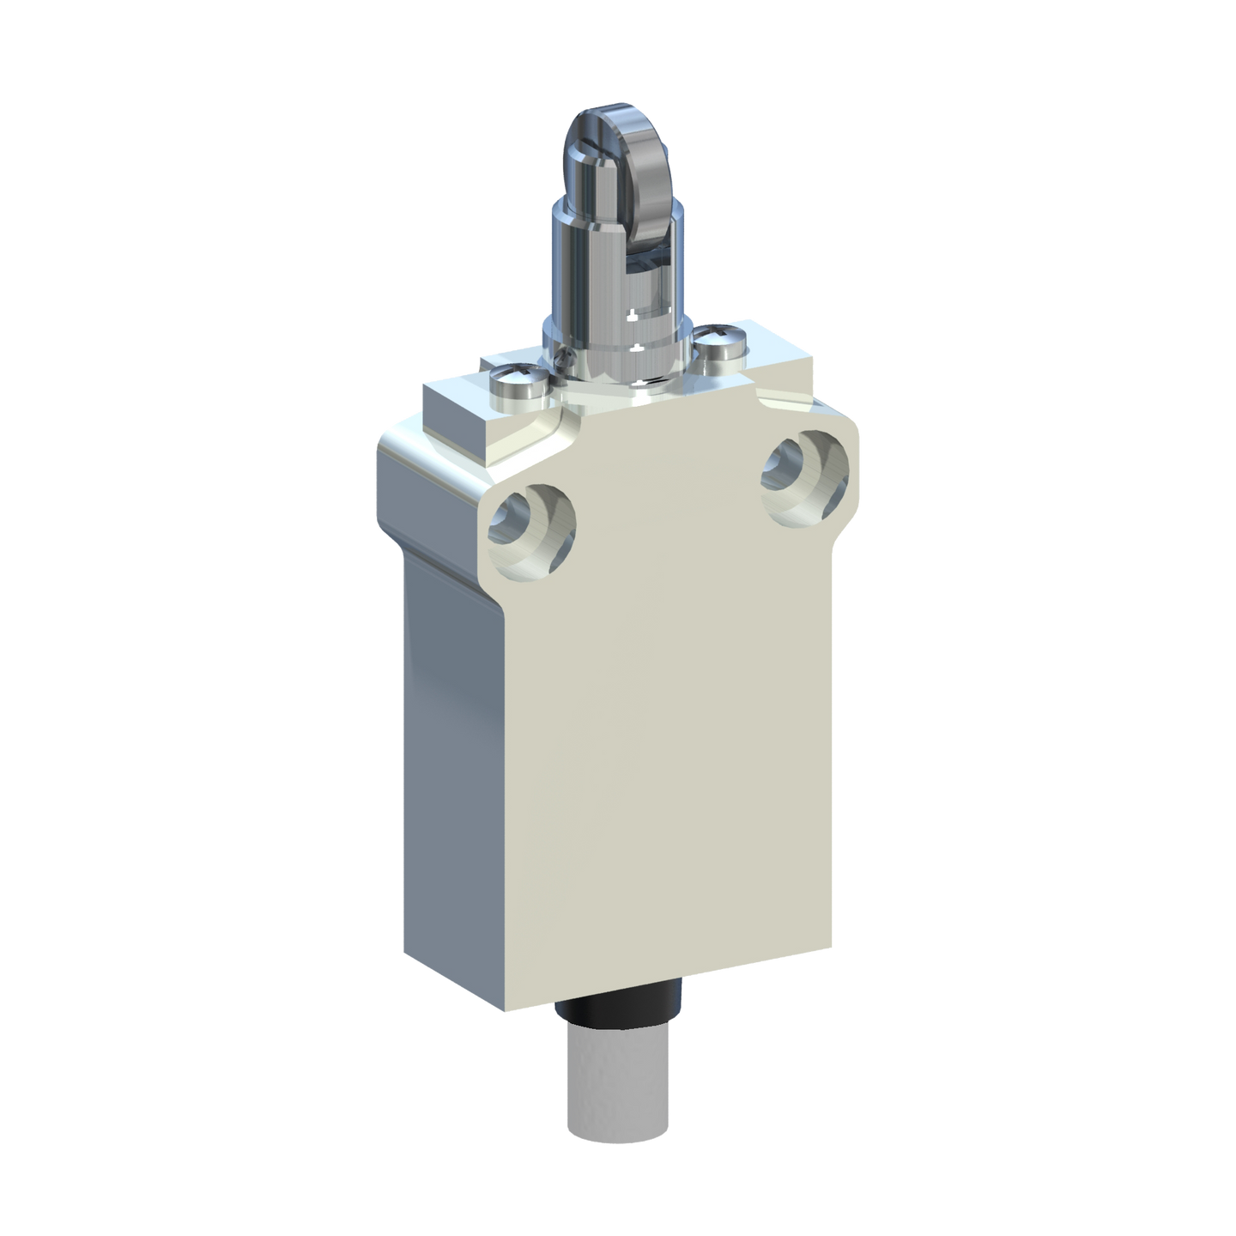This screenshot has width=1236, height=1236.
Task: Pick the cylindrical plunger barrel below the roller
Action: click(x=601, y=275)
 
